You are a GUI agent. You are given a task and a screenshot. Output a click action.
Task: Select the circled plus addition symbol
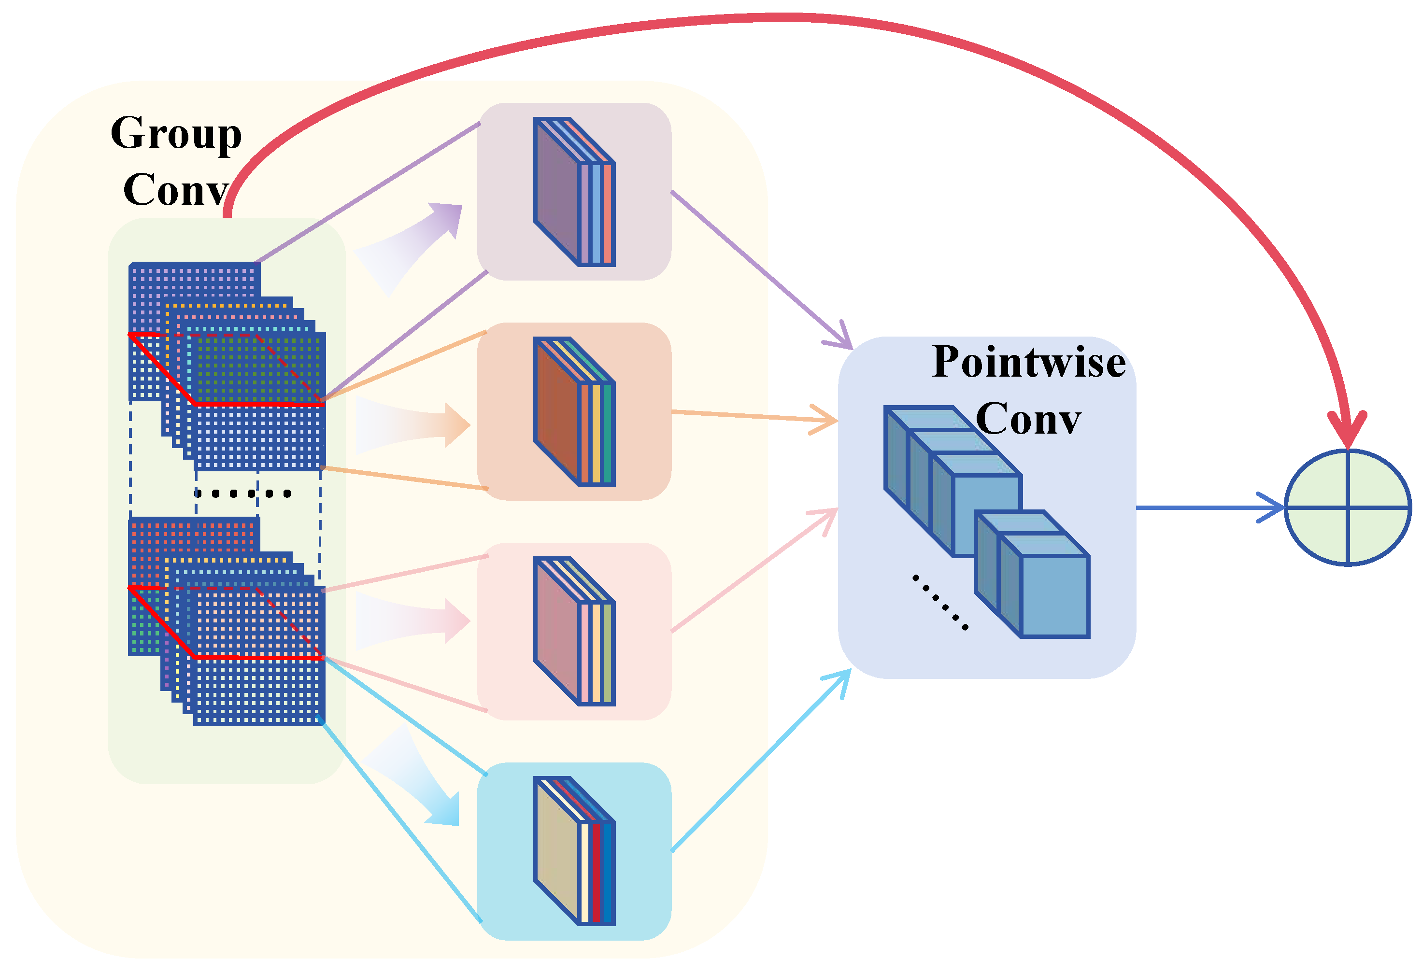tap(1348, 508)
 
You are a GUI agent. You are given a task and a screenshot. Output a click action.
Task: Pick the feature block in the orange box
tap(574, 411)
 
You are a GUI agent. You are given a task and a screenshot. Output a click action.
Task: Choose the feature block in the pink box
tap(574, 631)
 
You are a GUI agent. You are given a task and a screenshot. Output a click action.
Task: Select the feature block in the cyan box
tap(574, 851)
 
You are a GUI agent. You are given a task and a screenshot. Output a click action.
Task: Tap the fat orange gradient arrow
tap(412, 425)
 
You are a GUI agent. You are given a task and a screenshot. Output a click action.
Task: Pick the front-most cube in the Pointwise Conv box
tap(1044, 586)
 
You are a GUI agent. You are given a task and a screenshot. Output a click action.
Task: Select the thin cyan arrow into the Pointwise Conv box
tap(761, 760)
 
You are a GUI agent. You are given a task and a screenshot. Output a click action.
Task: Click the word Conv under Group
tap(176, 190)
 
